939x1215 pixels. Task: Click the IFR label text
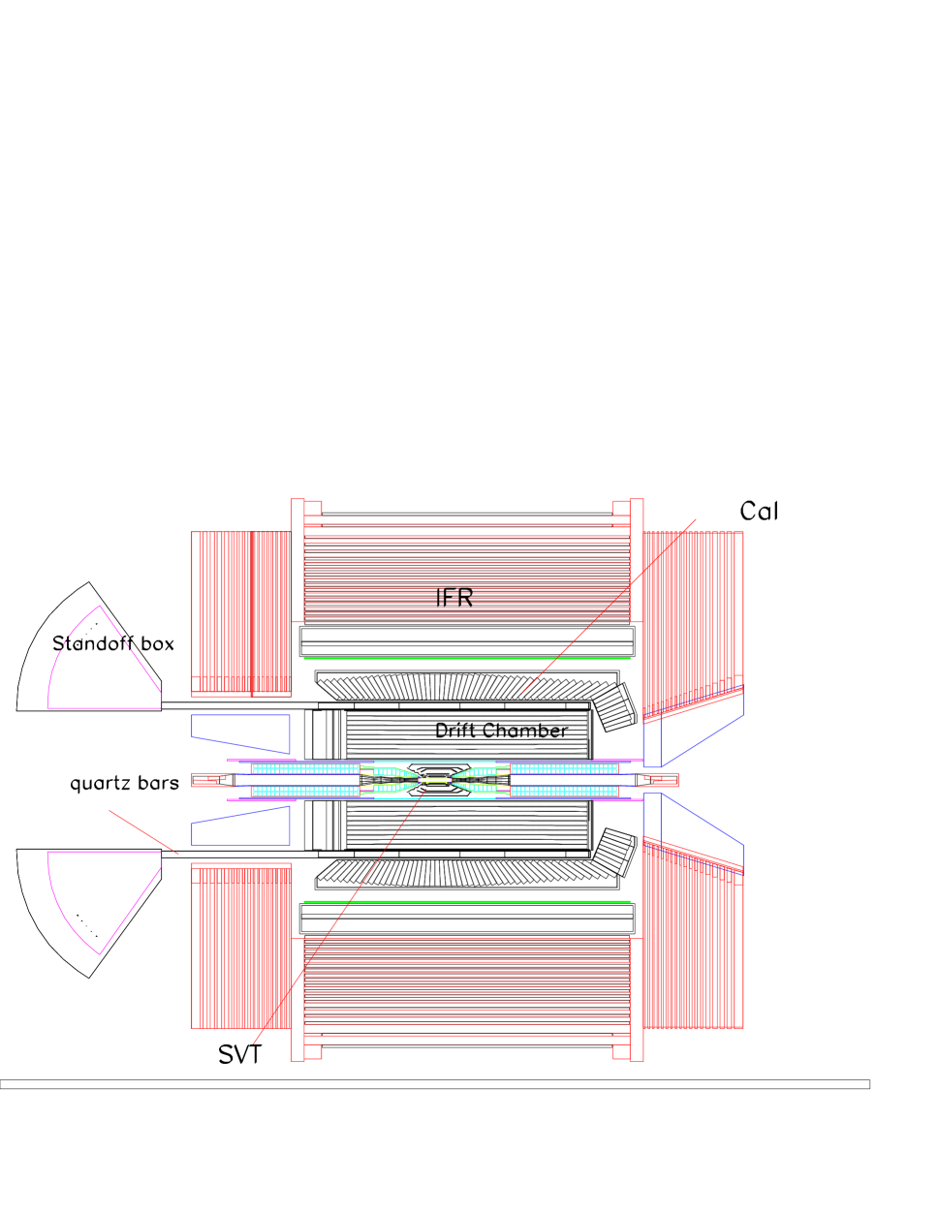[454, 597]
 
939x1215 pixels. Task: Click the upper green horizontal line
[466, 658]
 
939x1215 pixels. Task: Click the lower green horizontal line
[466, 901]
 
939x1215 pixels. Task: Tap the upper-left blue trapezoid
[240, 732]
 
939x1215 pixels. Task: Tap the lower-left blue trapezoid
[240, 827]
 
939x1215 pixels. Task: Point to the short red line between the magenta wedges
[143, 831]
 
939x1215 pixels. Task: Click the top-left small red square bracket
[313, 508]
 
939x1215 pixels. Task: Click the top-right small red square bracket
[620, 508]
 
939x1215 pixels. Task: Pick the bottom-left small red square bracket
[313, 1051]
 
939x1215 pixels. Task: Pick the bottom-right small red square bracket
[620, 1051]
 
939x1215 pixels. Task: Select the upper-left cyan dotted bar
[305, 769]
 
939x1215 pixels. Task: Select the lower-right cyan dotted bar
[564, 791]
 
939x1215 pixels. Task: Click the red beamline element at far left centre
[212, 780]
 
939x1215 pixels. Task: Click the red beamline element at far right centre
[659, 780]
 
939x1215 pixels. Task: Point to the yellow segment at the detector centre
[437, 779]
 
